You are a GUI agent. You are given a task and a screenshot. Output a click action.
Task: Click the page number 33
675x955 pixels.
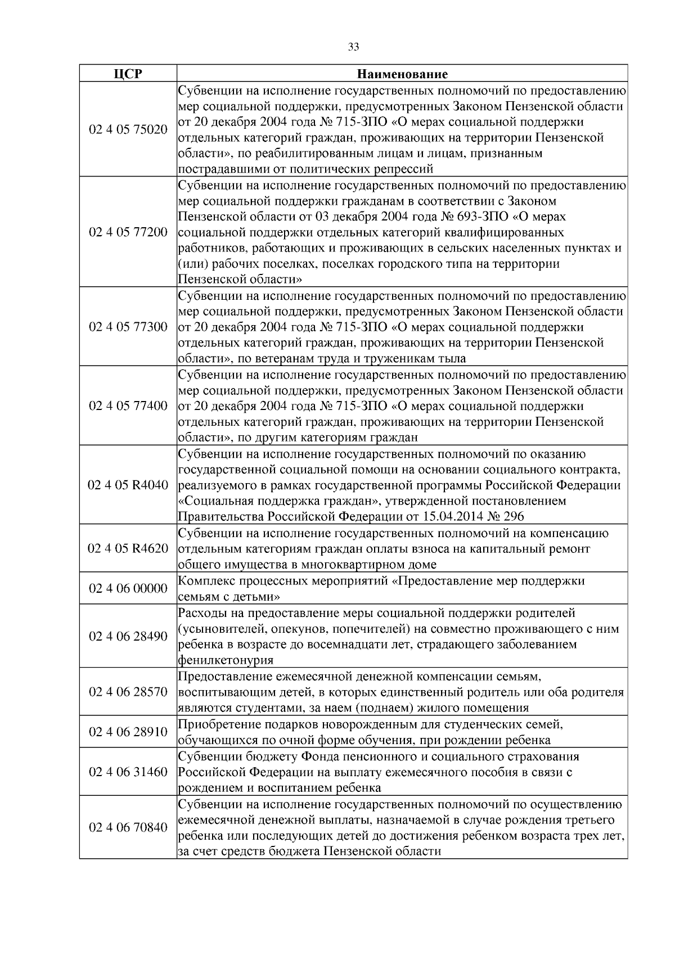(353, 47)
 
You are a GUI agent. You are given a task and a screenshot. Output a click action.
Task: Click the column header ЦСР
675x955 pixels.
(128, 74)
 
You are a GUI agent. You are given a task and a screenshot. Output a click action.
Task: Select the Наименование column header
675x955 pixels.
(402, 74)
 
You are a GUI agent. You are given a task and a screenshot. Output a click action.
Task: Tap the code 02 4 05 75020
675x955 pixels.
(128, 130)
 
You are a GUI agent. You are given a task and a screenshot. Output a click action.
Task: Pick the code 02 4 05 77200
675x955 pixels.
(128, 232)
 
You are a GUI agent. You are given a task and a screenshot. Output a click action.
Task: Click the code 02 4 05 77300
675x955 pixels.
(128, 327)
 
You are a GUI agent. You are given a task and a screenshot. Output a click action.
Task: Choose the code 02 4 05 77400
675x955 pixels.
(128, 406)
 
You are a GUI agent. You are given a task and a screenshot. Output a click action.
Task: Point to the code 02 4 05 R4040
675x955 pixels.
(128, 485)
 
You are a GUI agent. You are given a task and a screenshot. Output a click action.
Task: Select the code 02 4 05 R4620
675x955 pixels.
(128, 548)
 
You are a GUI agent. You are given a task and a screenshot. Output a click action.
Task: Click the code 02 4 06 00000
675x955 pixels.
(128, 588)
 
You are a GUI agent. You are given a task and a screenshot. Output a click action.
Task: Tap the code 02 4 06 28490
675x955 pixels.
(128, 636)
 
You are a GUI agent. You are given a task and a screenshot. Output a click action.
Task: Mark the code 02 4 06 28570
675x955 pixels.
(128, 692)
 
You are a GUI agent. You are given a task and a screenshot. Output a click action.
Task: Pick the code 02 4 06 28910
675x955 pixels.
(128, 732)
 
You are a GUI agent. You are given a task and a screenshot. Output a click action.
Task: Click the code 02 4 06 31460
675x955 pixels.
(128, 772)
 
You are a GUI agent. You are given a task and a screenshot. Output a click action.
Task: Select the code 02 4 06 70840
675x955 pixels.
(128, 827)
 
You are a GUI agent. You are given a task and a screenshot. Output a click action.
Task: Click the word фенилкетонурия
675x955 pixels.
(226, 660)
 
